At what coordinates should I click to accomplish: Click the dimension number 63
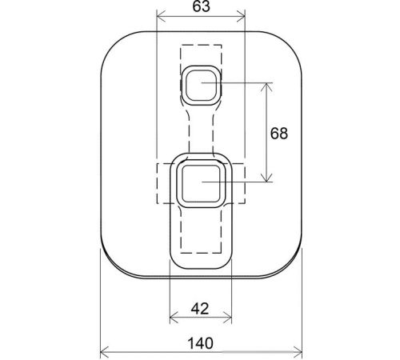201,6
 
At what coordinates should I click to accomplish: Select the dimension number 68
279,133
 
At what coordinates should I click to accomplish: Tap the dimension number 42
200,309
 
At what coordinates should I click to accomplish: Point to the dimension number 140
201,343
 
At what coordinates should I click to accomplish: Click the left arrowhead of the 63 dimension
162,17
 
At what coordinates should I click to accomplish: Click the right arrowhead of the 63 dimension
241,17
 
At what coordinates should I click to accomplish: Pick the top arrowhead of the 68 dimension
266,87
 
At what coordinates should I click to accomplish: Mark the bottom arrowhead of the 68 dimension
266,178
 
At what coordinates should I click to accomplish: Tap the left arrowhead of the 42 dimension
174,318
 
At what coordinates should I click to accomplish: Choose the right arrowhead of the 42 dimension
227,318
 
